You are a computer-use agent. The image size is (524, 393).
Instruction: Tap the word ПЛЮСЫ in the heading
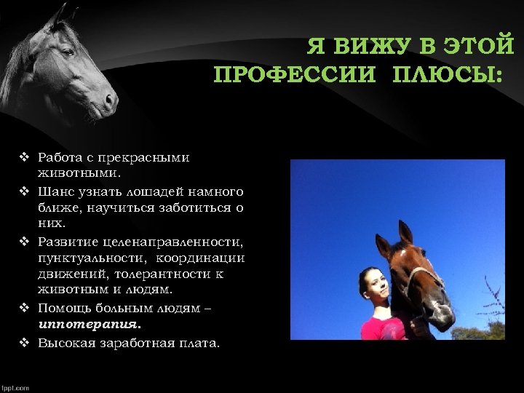click(447, 75)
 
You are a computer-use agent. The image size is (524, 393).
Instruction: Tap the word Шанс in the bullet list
click(54, 191)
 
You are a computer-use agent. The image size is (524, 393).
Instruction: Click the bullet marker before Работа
click(24, 157)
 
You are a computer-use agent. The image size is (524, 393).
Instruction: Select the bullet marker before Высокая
click(24, 341)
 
